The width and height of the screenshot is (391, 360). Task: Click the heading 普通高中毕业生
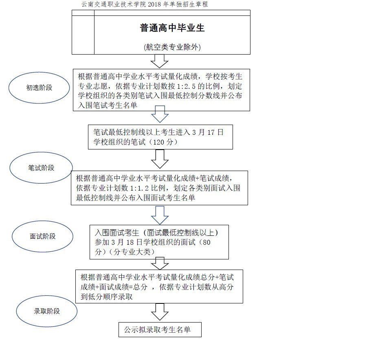pyautogui.click(x=172, y=28)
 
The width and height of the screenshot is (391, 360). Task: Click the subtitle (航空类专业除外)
pyautogui.click(x=172, y=47)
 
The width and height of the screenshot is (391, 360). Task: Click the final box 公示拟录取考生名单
pyautogui.click(x=160, y=329)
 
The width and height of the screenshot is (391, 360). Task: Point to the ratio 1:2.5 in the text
pyautogui.click(x=186, y=86)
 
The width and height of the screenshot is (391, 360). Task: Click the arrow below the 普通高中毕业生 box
pyautogui.click(x=160, y=61)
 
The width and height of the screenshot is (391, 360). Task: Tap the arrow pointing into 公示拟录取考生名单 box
pyautogui.click(x=160, y=312)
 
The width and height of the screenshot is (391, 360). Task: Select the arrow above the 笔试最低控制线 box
pyautogui.click(x=160, y=114)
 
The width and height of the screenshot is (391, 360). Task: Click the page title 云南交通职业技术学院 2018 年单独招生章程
pyautogui.click(x=145, y=4)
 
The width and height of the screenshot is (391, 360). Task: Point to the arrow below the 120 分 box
pyautogui.click(x=160, y=159)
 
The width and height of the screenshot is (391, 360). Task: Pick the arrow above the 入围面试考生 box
pyautogui.click(x=160, y=215)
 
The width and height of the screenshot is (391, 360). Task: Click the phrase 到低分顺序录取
pyautogui.click(x=106, y=297)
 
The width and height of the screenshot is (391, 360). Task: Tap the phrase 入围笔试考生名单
pyautogui.click(x=108, y=105)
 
